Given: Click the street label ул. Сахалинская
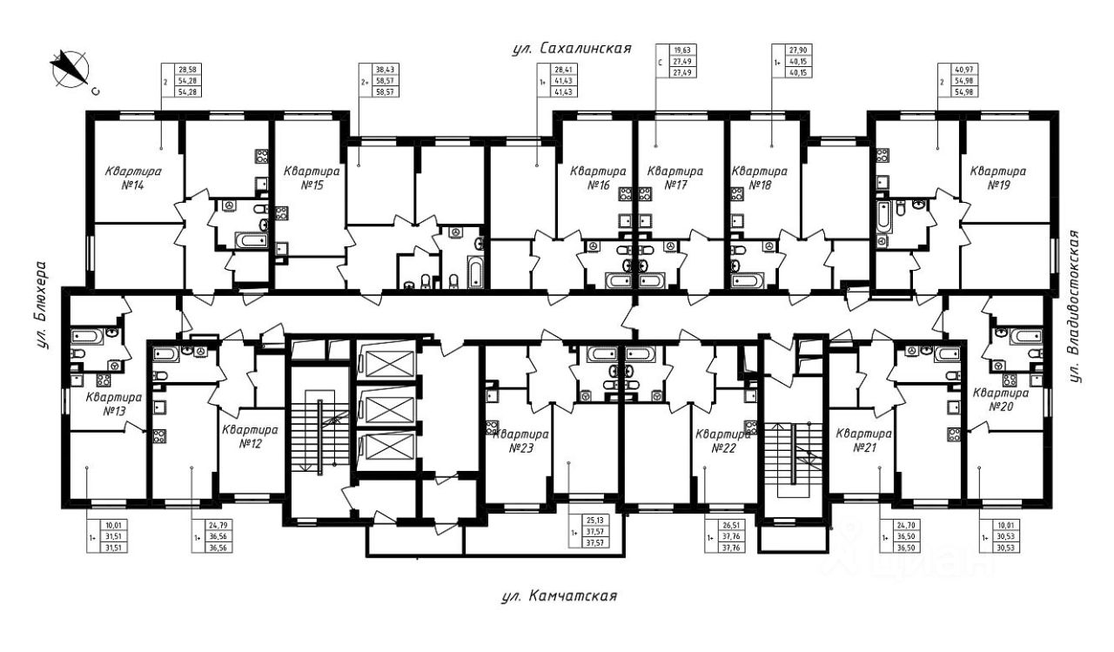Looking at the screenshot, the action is pos(570,49).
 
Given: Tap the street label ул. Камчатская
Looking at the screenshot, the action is pos(560,596).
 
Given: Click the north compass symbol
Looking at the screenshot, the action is pos(70,71).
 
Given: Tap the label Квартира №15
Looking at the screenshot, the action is pos(311,178).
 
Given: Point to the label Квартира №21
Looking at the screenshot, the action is pos(863,440).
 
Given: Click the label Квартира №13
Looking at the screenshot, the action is pos(114,404).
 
